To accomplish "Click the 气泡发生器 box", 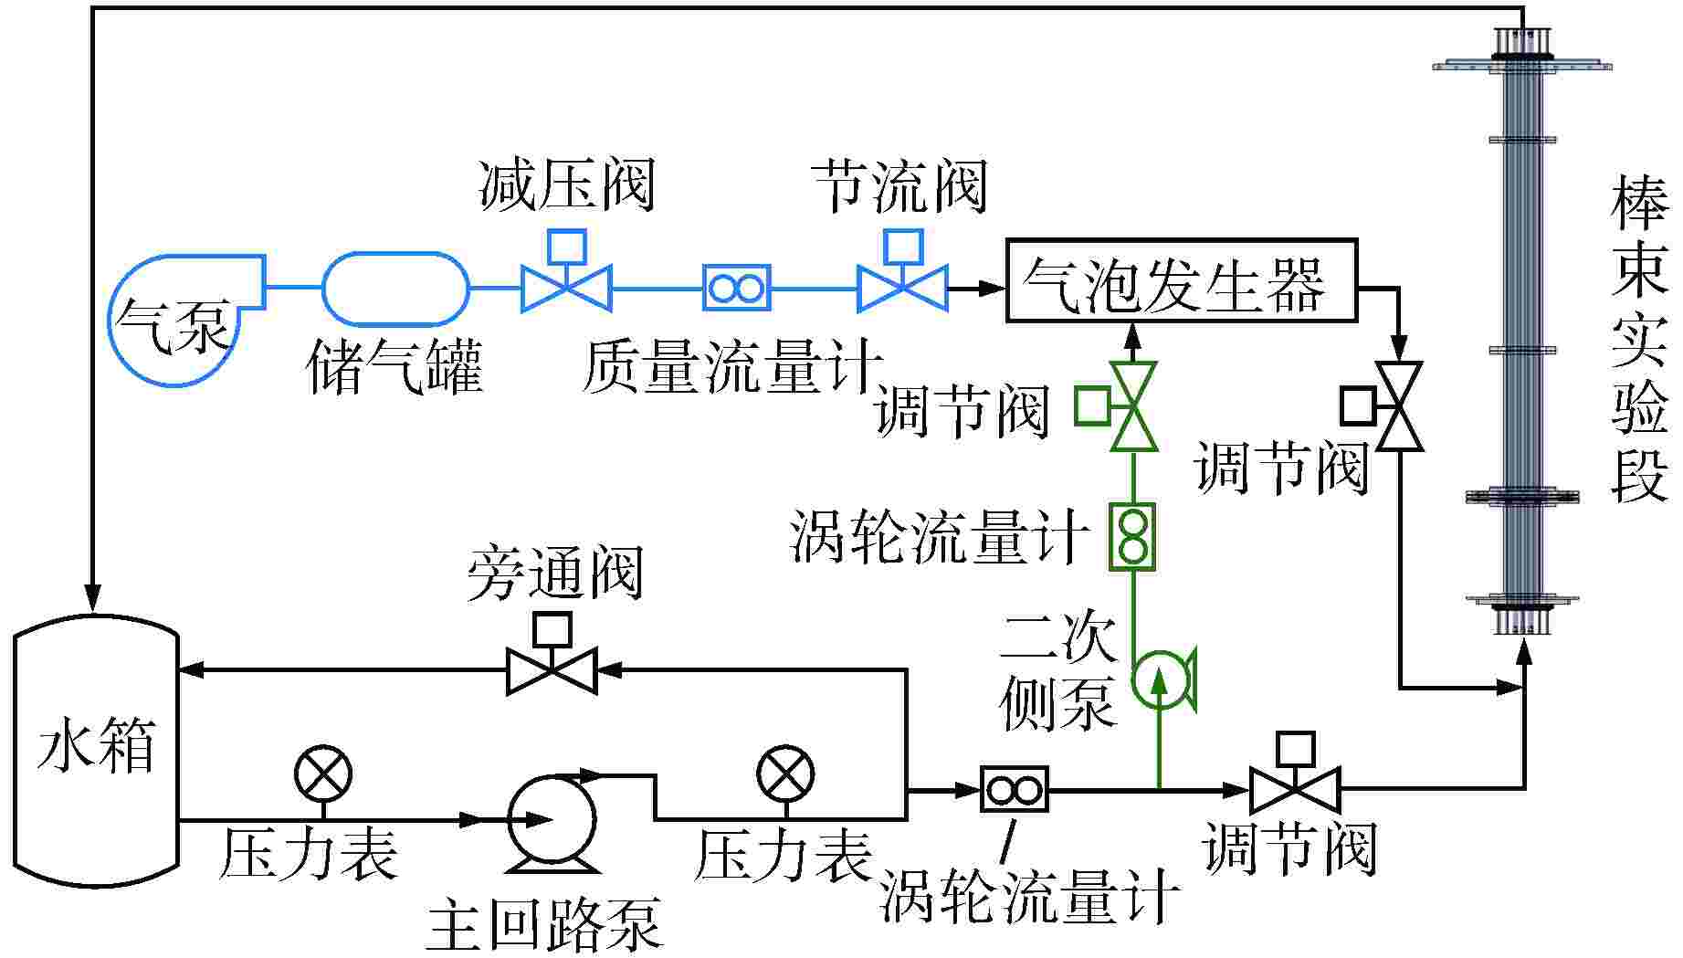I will [x=1181, y=280].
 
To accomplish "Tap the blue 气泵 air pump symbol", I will [x=178, y=320].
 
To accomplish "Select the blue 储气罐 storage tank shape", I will [x=396, y=289].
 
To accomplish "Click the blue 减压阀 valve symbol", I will [x=566, y=289].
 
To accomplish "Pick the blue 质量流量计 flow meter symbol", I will [x=736, y=289].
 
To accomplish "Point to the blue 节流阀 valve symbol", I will [x=902, y=289].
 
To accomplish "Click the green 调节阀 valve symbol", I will [x=1132, y=406].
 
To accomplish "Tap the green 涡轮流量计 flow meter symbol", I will [x=1132, y=536].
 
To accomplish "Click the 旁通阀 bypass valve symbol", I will [x=552, y=671].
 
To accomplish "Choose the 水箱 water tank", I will [x=96, y=749].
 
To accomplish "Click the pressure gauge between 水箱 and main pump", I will [x=322, y=774].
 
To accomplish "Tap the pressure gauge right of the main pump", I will [x=785, y=774].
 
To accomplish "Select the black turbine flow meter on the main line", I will [x=1014, y=789].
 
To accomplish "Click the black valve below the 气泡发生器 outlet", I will [x=1398, y=406].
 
